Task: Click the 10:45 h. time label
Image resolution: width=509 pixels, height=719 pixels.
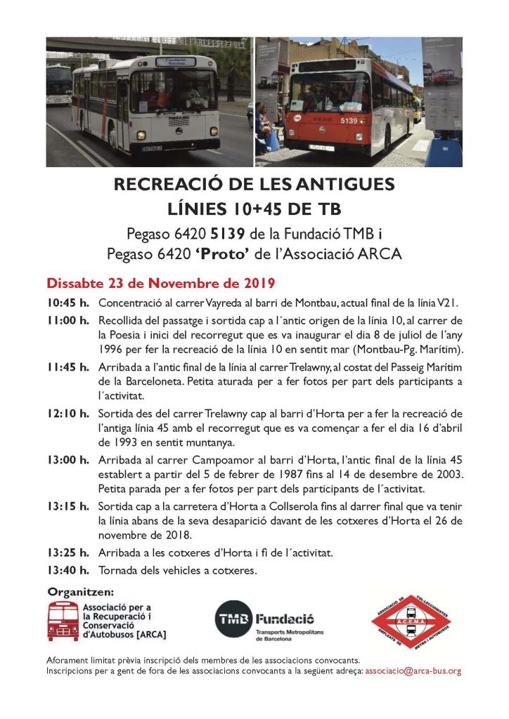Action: pos(68,303)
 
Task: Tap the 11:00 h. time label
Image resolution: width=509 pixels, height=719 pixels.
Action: pos(68,321)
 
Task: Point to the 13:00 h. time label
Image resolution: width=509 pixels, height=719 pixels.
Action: pos(68,461)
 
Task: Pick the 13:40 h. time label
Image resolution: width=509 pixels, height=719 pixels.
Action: pos(68,570)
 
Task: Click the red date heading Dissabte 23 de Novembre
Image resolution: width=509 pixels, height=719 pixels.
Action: pos(160,284)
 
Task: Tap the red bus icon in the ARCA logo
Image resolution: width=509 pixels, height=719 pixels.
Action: pos(63,621)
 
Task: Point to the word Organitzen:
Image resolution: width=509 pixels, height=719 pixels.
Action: pos(79,591)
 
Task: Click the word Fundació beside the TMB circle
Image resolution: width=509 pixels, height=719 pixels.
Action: pos(284,619)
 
